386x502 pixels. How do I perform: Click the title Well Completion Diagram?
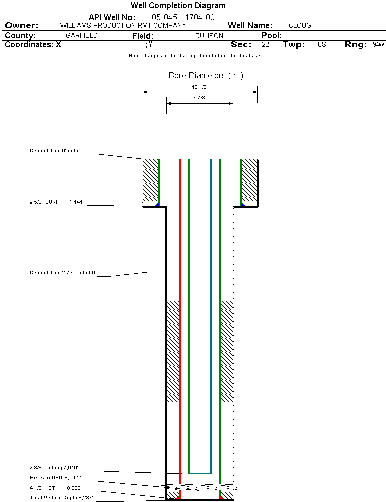coord(178,6)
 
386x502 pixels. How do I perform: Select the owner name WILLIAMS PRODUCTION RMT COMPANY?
coord(122,25)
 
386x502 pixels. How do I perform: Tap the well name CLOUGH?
coord(302,25)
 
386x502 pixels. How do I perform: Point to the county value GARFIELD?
coord(82,36)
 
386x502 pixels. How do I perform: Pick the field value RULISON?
coord(209,36)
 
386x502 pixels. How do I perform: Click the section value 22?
coord(266,45)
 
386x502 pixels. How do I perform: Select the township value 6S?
coord(322,45)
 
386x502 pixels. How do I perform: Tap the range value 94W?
coord(378,45)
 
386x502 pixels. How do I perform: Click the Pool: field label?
coord(272,36)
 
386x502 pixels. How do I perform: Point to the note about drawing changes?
coord(194,56)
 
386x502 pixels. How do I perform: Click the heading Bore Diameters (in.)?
coord(206,76)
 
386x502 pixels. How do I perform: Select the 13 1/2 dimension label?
coord(199,87)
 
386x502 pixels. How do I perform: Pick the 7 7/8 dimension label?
coord(199,98)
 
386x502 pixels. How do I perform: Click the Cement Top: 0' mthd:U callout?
coord(57,150)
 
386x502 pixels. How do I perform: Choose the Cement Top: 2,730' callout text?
coord(62,273)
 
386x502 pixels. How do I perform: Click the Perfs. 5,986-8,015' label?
coord(55,477)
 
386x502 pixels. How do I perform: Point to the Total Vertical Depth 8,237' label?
coord(61,497)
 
